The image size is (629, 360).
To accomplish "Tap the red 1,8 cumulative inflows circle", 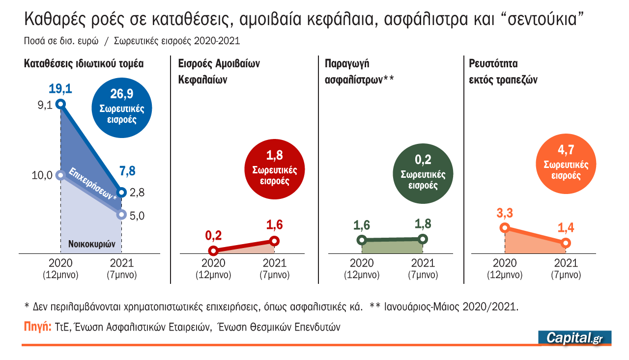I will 274,169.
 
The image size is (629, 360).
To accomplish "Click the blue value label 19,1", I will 60,89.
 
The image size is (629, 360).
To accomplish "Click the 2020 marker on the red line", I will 213,251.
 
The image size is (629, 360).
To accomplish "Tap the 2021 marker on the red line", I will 274,241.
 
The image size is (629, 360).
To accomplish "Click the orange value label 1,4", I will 566,228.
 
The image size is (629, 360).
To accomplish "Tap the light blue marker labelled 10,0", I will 60,175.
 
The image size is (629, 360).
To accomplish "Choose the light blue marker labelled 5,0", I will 122,215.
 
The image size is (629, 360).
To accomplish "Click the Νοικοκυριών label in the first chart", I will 91,244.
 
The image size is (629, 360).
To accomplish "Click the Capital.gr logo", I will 575,337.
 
